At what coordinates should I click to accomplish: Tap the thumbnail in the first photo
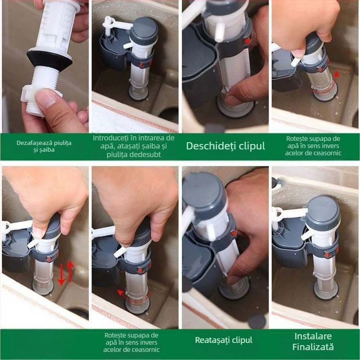pos(47,99)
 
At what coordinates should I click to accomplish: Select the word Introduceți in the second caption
pos(109,138)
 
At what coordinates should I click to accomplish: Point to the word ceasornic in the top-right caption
pos(327,153)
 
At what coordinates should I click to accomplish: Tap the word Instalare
pos(313,336)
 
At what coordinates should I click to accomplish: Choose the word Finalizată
pos(313,346)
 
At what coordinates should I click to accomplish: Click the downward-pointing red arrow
pos(61,274)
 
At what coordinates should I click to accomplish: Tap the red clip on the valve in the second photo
pos(142,65)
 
